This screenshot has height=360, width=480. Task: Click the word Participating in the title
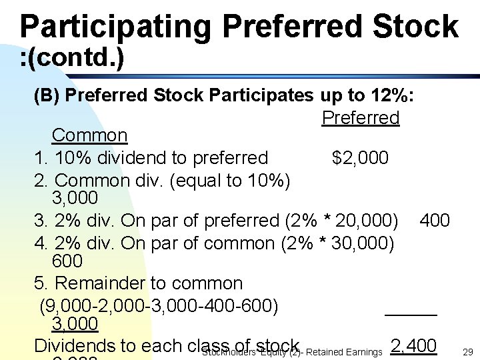[115, 27]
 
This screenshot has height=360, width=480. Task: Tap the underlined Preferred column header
[360, 118]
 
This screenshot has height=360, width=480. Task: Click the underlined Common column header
[89, 135]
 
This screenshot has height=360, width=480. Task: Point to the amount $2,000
[360, 158]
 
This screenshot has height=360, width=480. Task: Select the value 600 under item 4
[67, 261]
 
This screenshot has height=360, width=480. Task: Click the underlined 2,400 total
[413, 345]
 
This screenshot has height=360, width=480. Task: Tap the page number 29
[467, 351]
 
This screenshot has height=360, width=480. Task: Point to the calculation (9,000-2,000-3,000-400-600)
[159, 306]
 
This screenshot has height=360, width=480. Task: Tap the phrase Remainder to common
[149, 283]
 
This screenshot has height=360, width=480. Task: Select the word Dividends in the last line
[74, 345]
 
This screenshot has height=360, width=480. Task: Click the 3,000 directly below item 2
[75, 198]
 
